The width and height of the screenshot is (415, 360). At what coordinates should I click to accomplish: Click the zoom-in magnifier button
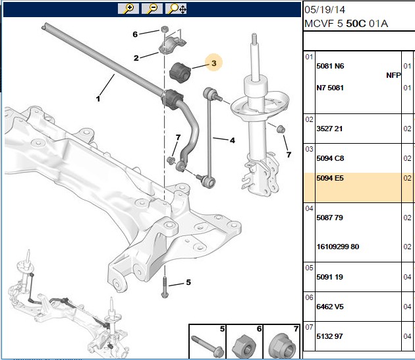click(128, 9)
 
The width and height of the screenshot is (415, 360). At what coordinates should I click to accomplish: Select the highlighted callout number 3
click(214, 63)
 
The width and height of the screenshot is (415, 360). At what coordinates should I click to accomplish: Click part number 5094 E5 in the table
click(330, 178)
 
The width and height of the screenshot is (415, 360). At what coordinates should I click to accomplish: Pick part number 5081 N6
click(330, 66)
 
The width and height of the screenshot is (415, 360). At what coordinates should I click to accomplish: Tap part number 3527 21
click(329, 129)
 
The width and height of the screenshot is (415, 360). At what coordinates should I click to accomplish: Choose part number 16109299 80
click(338, 247)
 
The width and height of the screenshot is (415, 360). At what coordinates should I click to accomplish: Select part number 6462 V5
click(330, 307)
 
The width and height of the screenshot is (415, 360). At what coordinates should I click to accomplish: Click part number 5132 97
click(329, 336)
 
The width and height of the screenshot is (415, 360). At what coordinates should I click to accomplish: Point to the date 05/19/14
click(325, 10)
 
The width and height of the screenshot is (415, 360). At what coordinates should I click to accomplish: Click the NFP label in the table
click(393, 76)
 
